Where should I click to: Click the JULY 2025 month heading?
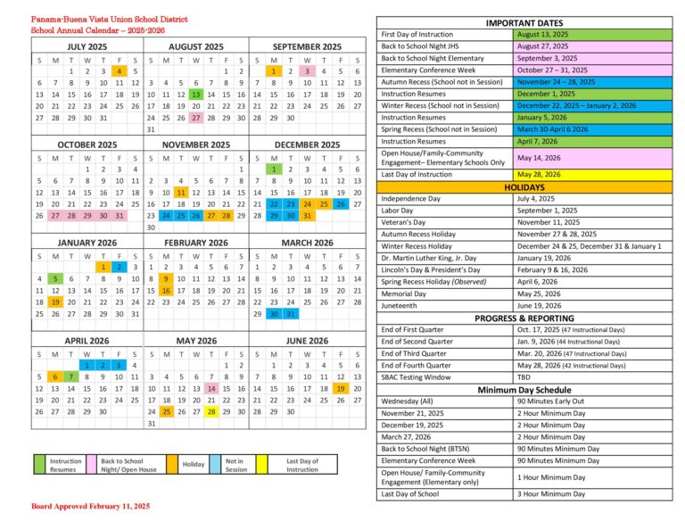87,46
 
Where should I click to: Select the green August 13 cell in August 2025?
195,95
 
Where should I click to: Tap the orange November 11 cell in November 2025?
181,192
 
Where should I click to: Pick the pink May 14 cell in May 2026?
211,389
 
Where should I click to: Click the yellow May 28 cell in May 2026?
211,412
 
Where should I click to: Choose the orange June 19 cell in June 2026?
341,389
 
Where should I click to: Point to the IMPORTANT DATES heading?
524,22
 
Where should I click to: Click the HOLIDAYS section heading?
524,187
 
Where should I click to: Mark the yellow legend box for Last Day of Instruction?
261,464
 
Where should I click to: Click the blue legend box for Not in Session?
217,464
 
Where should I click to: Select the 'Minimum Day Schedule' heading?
524,390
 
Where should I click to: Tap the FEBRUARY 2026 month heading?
195,243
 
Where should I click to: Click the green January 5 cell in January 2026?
54,278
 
